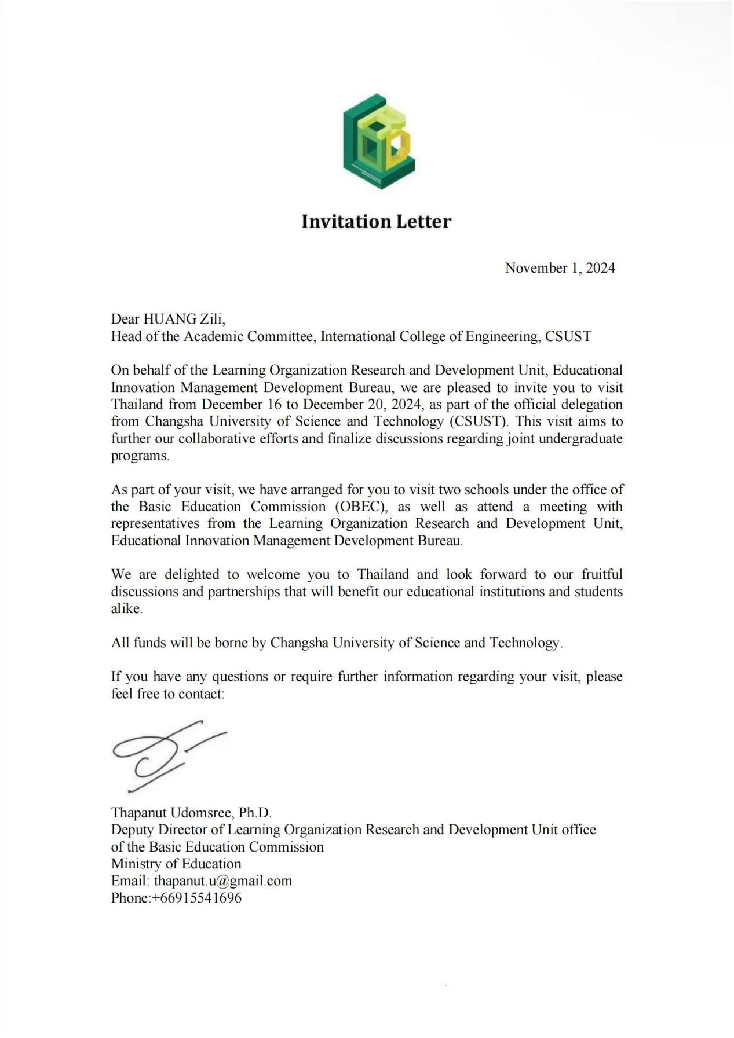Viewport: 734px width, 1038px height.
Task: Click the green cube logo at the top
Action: point(379,142)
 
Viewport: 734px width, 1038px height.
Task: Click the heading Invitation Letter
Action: point(376,221)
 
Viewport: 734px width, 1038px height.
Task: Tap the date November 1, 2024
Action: point(560,268)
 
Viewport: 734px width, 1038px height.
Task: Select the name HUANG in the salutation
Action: point(170,319)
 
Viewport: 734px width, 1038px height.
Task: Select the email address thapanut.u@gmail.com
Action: point(223,881)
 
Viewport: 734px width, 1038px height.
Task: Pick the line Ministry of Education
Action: point(176,864)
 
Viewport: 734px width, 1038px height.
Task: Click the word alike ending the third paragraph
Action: point(126,609)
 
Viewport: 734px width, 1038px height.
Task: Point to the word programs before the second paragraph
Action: point(140,456)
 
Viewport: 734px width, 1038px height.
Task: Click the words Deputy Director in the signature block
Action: point(160,830)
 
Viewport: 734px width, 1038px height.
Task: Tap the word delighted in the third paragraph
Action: point(192,575)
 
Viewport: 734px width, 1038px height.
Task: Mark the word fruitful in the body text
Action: point(602,575)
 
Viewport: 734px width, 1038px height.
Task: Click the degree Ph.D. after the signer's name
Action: point(255,813)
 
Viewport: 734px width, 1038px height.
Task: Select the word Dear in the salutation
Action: point(125,319)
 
